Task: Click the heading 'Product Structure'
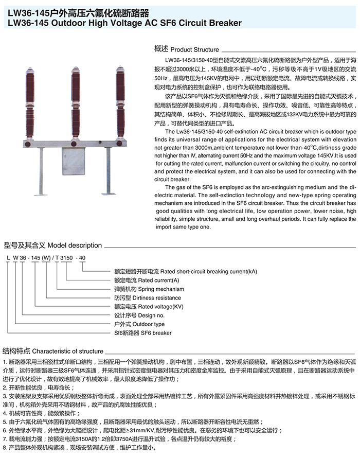tap(194, 50)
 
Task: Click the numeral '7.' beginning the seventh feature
tap(4, 439)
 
